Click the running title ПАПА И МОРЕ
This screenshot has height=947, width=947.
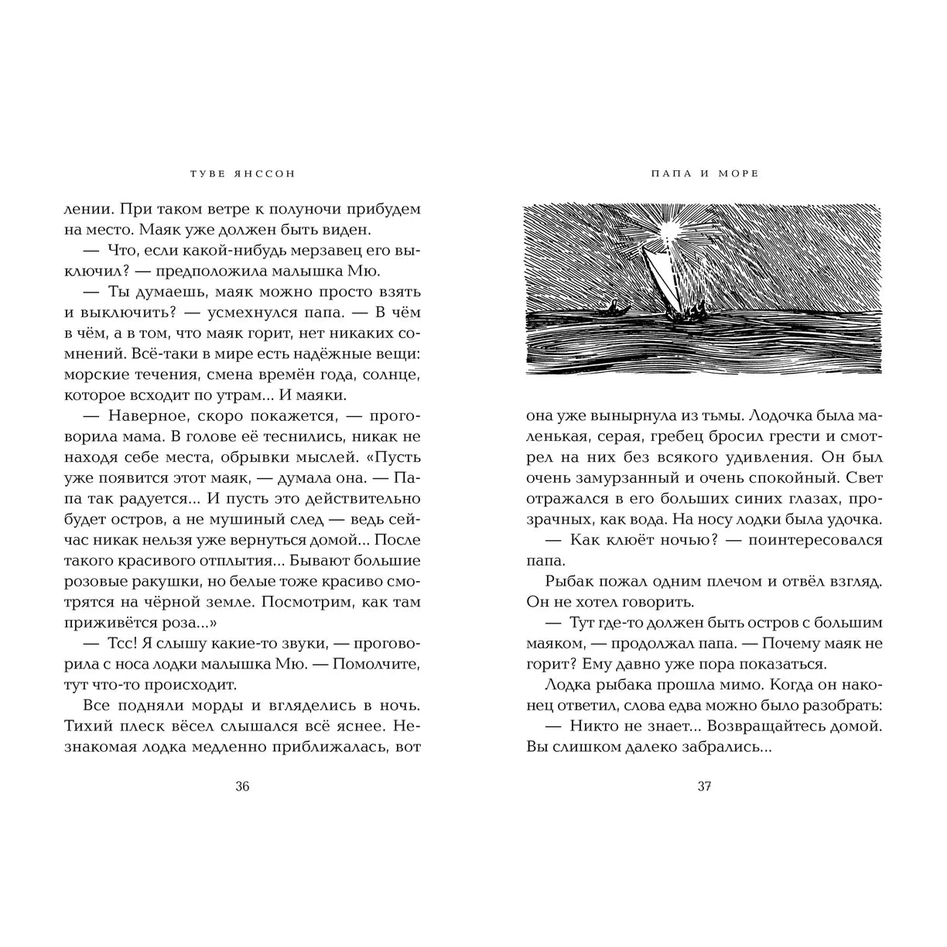click(703, 174)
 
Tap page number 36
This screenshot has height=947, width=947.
click(242, 787)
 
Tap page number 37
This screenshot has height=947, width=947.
click(704, 787)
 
